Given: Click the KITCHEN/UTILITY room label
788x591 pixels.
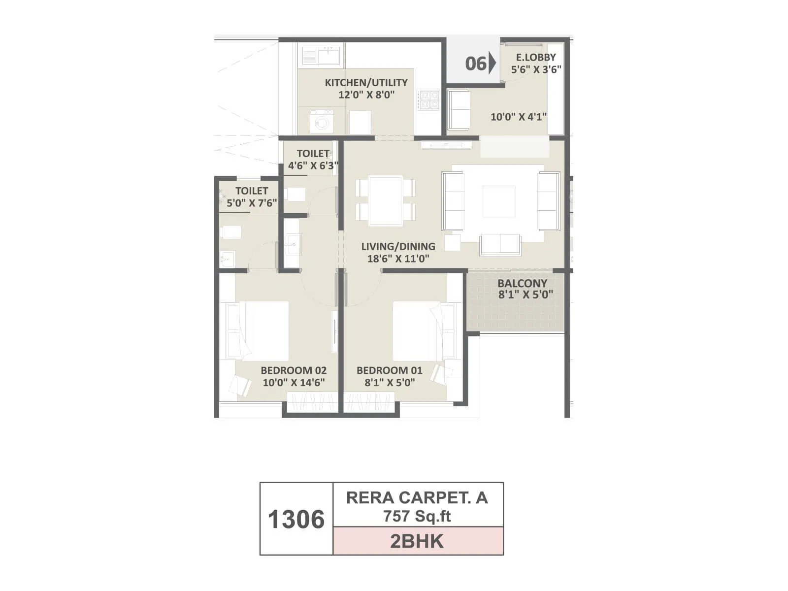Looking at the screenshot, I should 366,82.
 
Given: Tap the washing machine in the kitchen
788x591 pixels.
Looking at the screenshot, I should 322,121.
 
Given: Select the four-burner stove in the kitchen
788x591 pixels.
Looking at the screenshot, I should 428,100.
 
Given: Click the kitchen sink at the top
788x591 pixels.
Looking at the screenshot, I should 321,55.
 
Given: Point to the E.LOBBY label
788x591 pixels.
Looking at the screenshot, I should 536,57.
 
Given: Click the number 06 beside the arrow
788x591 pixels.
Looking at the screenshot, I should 475,64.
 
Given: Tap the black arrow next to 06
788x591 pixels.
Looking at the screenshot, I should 492,64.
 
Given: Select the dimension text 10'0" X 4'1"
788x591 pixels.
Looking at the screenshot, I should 519,117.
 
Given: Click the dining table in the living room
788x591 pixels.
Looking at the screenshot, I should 386,200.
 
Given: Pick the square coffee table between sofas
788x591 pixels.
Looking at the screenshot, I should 499,201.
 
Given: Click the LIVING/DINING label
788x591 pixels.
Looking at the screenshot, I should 398,246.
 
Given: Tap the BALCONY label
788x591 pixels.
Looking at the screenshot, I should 522,283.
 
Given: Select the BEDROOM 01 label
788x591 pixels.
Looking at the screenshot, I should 389,370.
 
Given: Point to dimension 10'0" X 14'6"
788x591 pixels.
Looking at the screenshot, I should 294,383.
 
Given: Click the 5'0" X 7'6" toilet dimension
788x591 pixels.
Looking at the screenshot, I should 252,203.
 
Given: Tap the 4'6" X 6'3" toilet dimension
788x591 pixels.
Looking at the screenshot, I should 313,165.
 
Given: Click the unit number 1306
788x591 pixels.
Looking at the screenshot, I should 296,520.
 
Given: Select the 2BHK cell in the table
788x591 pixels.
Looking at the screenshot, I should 418,541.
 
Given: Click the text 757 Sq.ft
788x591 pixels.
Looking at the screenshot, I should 417,516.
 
